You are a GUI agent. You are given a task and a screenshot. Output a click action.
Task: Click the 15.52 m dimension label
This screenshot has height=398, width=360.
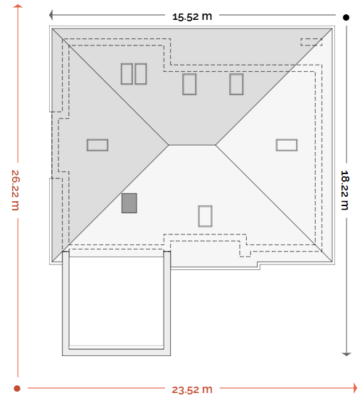pos(192,16)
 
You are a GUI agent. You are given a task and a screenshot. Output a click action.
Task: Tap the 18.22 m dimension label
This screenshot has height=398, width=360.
pos(344,190)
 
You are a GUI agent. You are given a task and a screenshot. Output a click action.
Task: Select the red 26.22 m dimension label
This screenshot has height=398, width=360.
pos(16,190)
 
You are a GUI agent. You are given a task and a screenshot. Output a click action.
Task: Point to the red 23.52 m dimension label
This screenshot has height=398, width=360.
pos(192,389)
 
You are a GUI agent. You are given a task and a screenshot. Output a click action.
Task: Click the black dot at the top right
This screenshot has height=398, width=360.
pos(346,17)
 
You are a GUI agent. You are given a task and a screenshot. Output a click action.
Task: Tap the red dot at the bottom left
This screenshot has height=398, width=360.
pos(17,388)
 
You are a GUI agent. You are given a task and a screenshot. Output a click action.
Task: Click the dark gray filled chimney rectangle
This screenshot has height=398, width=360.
pos(129,203)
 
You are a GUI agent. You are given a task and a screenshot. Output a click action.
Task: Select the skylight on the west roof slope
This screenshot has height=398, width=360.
pos(97,145)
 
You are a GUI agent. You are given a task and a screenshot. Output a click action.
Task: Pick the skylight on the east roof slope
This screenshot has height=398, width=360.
pos(287,145)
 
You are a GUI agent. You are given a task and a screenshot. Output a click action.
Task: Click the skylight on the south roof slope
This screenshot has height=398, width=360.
pos(205,216)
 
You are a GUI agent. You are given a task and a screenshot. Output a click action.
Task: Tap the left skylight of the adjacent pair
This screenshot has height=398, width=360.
pos(127,74)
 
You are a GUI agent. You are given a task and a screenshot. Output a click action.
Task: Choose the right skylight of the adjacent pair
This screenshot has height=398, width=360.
pos(141,74)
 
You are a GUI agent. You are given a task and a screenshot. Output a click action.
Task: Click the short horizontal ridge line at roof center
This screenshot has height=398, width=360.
pos(192,145)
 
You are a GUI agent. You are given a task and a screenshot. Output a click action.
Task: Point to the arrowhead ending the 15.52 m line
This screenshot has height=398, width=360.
pos(51,15)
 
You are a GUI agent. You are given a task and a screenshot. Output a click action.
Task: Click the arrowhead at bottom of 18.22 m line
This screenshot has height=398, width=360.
pos(346,354)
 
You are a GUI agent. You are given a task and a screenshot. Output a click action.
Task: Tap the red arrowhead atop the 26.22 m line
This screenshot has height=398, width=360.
pos(18,6)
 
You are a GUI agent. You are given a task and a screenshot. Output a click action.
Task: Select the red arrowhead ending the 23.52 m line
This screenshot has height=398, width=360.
pos(355,388)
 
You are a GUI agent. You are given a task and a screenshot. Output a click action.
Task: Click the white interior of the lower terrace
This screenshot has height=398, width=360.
pos(116,301)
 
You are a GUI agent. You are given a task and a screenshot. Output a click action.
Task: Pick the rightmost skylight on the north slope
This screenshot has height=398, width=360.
pos(236,85)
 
